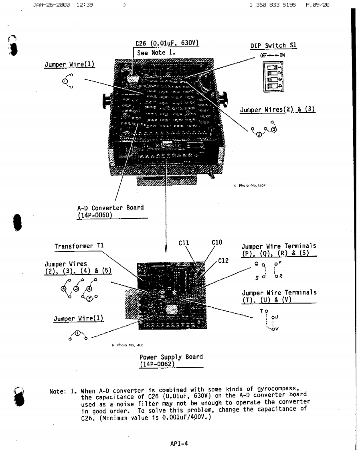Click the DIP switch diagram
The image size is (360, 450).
273,79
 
